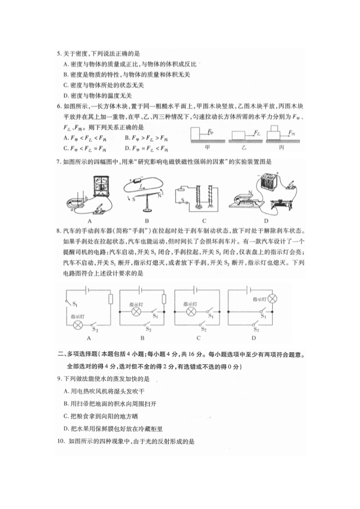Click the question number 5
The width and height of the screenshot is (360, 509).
[x=59, y=53]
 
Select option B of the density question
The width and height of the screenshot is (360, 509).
[x=65, y=74]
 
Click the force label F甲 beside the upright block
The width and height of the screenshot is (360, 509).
[x=210, y=132]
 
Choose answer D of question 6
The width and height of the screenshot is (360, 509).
[x=127, y=148]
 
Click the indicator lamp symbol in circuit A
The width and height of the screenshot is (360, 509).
[x=77, y=324]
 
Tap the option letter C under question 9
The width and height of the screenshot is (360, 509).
[x=65, y=415]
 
